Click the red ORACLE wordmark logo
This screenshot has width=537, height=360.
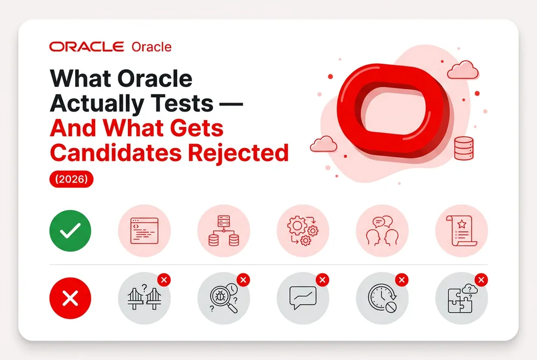point(86,47)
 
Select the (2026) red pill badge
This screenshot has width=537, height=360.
point(71,179)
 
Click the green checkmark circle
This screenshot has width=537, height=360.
point(70,231)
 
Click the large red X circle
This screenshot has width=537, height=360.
point(70,298)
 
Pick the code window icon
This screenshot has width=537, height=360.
point(144,231)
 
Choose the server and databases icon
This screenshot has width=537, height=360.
point(223,231)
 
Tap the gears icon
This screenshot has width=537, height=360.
point(303,231)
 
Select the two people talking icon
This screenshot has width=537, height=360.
point(382,231)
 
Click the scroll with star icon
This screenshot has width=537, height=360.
point(462,231)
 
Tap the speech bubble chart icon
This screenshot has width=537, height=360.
point(303,298)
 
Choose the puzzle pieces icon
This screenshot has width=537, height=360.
point(461,299)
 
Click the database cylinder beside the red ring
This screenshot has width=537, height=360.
point(464,149)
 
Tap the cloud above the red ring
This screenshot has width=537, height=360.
point(463,70)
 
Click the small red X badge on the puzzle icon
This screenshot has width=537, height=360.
point(481,280)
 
